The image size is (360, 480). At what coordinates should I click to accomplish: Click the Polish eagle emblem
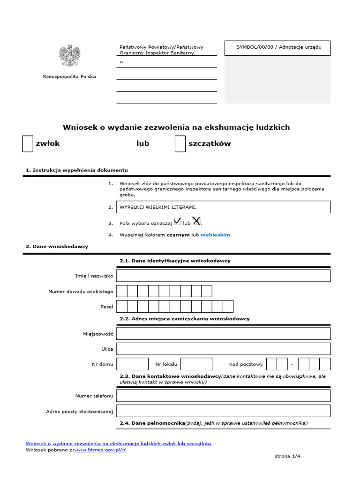[x=69, y=56]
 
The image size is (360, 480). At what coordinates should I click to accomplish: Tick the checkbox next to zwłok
[x=28, y=144]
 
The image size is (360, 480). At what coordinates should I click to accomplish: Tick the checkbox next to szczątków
[x=180, y=144]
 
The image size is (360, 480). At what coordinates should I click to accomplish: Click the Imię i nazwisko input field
[x=223, y=276]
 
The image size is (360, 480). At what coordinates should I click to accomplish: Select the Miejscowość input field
[x=223, y=334]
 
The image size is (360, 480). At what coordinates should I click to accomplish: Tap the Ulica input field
[x=223, y=349]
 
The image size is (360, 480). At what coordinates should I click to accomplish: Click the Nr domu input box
[x=132, y=364]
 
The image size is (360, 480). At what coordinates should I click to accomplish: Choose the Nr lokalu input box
[x=196, y=364]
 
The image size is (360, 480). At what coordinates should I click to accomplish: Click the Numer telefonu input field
[x=223, y=396]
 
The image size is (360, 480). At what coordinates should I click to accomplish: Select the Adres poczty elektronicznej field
[x=223, y=411]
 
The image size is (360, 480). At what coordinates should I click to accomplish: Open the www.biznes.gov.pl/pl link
[x=100, y=450]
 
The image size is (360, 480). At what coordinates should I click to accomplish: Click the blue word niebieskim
[x=216, y=235]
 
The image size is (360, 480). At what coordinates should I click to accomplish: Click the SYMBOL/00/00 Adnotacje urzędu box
[x=277, y=48]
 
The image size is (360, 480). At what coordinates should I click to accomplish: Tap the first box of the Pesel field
[x=121, y=307]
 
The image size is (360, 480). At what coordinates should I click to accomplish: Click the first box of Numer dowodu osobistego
[x=121, y=291]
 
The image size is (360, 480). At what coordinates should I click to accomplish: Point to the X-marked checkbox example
[x=197, y=221]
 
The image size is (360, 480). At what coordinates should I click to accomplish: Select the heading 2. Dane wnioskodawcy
[x=57, y=246]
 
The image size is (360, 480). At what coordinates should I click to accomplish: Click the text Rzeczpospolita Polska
[x=69, y=76]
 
